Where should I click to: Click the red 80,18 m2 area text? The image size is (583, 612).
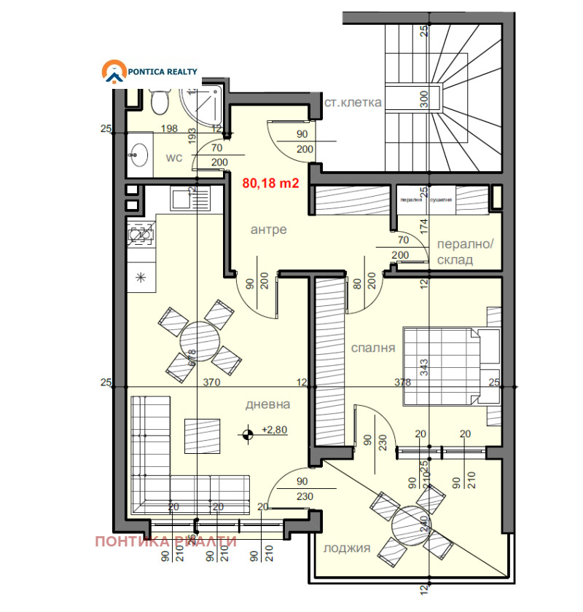click(270, 184)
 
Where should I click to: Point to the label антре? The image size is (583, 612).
click(268, 229)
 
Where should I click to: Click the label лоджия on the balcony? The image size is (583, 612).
click(347, 549)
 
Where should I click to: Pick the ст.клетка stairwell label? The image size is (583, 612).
click(353, 103)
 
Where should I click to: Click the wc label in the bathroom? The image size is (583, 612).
click(173, 157)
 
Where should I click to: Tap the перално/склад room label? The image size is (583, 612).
click(463, 253)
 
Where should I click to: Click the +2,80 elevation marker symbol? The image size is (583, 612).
click(249, 433)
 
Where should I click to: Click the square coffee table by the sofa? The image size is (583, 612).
click(200, 435)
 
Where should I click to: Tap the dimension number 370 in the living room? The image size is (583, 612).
click(211, 382)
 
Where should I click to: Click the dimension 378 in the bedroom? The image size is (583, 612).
click(402, 382)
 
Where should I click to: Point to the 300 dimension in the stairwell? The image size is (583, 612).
click(423, 98)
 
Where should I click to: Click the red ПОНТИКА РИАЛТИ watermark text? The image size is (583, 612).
click(166, 541)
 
